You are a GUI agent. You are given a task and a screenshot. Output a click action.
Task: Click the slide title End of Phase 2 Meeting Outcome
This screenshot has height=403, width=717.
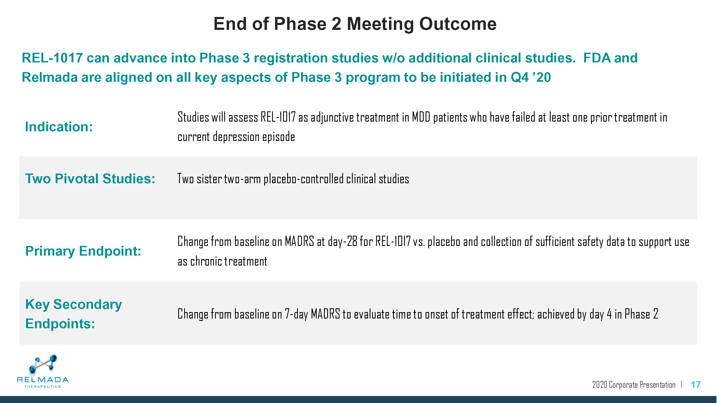tap(355, 24)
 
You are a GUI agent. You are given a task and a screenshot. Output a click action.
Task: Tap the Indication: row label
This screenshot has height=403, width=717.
tap(59, 127)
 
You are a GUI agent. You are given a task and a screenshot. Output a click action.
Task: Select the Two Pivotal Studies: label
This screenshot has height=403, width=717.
tap(90, 179)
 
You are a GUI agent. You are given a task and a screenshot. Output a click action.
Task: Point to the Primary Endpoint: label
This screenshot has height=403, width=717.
tap(83, 251)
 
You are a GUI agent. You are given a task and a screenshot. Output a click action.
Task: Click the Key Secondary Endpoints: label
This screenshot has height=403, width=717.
tap(73, 314)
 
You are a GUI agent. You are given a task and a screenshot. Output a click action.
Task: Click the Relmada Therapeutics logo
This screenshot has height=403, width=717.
tap(42, 371)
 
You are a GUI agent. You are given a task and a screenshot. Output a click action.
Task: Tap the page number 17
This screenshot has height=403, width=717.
tap(695, 385)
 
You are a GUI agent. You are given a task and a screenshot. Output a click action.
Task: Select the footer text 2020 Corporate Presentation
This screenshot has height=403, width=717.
tap(634, 385)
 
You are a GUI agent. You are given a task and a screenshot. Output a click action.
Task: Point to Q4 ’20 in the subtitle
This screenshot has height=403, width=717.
tap(531, 77)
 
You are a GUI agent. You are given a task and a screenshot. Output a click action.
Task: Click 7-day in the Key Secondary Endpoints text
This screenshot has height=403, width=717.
tap(296, 314)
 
